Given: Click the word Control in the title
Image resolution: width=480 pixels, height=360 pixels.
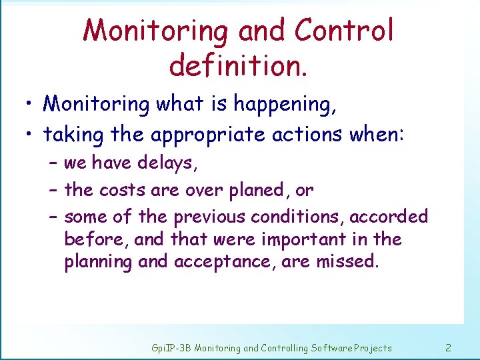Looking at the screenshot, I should click(x=344, y=31).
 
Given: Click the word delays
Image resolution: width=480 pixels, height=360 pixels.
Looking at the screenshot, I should click(x=171, y=163).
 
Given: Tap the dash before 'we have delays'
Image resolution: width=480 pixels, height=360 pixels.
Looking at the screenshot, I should click(x=53, y=163).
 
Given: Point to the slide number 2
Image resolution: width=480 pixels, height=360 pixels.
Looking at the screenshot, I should click(x=448, y=347).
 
